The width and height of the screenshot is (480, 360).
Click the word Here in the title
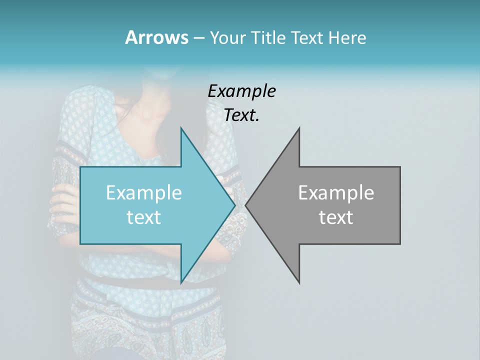pyautogui.click(x=347, y=38)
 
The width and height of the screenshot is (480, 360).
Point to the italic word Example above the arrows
pyautogui.click(x=241, y=91)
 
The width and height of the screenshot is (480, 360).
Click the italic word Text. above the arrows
pyautogui.click(x=241, y=115)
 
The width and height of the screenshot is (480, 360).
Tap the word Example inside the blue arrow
pyautogui.click(x=144, y=192)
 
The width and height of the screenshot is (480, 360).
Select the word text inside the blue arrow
pyautogui.click(x=144, y=217)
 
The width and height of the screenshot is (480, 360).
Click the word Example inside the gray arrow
pyautogui.click(x=336, y=192)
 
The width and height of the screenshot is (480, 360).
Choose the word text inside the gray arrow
pyautogui.click(x=336, y=217)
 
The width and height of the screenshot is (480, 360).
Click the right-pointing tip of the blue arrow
pyautogui.click(x=235, y=205)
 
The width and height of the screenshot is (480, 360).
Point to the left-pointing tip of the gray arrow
pyautogui.click(x=245, y=205)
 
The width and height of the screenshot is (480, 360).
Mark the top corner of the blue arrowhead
pyautogui.click(x=181, y=127)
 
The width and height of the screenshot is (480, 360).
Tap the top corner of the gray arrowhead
pyautogui.click(x=299, y=127)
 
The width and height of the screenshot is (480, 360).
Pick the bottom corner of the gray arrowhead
pyautogui.click(x=299, y=283)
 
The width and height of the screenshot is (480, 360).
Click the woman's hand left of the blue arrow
pyautogui.click(x=64, y=200)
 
